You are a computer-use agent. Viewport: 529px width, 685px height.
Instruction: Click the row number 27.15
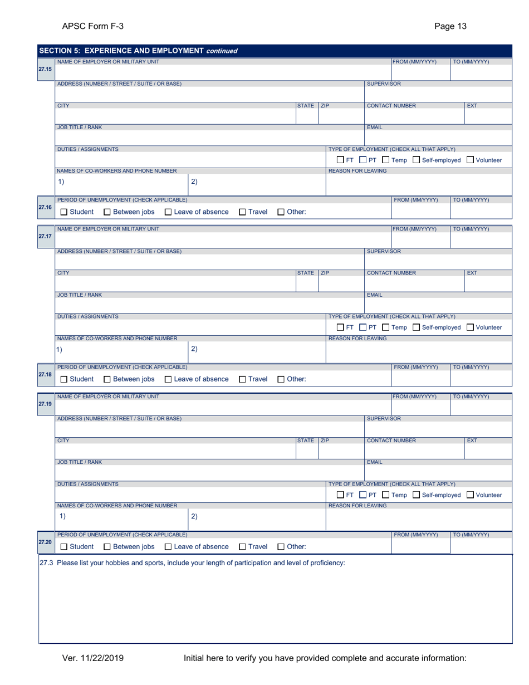pyautogui.click(x=45, y=69)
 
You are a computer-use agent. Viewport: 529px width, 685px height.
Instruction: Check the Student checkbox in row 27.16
pyautogui.click(x=64, y=212)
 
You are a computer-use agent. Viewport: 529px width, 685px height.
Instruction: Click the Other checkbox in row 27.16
pyautogui.click(x=281, y=212)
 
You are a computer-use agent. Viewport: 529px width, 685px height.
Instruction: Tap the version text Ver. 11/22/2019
pyautogui.click(x=92, y=659)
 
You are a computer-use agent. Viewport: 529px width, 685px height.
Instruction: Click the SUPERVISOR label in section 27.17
pyautogui.click(x=384, y=251)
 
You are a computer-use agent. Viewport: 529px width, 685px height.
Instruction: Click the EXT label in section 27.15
pyautogui.click(x=472, y=104)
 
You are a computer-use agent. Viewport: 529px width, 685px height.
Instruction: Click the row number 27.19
pyautogui.click(x=45, y=404)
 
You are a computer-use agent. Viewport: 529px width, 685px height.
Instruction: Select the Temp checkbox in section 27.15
pyautogui.click(x=385, y=160)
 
